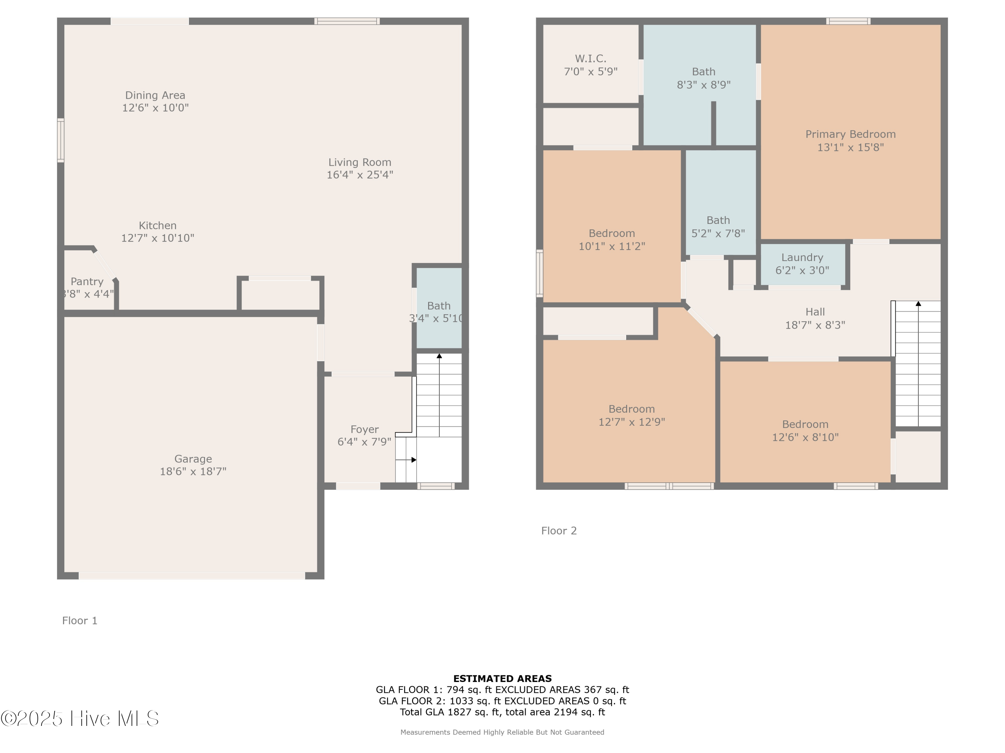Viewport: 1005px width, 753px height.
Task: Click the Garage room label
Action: pyautogui.click(x=193, y=459)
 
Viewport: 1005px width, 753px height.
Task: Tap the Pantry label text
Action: pyautogui.click(x=87, y=281)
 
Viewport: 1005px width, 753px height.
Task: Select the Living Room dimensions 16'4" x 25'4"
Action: pyautogui.click(x=360, y=175)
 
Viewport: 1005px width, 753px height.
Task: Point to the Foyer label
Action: pyautogui.click(x=364, y=429)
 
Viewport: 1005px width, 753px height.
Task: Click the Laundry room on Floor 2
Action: pyautogui.click(x=802, y=264)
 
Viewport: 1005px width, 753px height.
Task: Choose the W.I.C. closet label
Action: pyautogui.click(x=590, y=59)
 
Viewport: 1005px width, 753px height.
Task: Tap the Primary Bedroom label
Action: pyautogui.click(x=850, y=134)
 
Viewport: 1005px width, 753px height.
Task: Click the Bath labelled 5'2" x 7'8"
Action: pyautogui.click(x=718, y=227)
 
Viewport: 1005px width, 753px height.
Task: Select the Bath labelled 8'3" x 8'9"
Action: pyautogui.click(x=703, y=78)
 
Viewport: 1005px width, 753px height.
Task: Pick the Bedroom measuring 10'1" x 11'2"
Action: pyautogui.click(x=611, y=240)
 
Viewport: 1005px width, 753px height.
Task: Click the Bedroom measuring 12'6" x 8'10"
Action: pyautogui.click(x=805, y=431)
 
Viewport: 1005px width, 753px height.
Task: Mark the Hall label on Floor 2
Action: pyautogui.click(x=815, y=312)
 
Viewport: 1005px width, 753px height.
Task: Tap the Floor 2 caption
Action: pyautogui.click(x=559, y=530)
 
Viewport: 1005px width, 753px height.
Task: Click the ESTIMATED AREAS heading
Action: pyautogui.click(x=502, y=679)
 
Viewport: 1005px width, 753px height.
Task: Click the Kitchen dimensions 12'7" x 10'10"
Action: pyautogui.click(x=158, y=238)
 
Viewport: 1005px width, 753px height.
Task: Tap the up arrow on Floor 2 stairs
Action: pyautogui.click(x=918, y=304)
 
